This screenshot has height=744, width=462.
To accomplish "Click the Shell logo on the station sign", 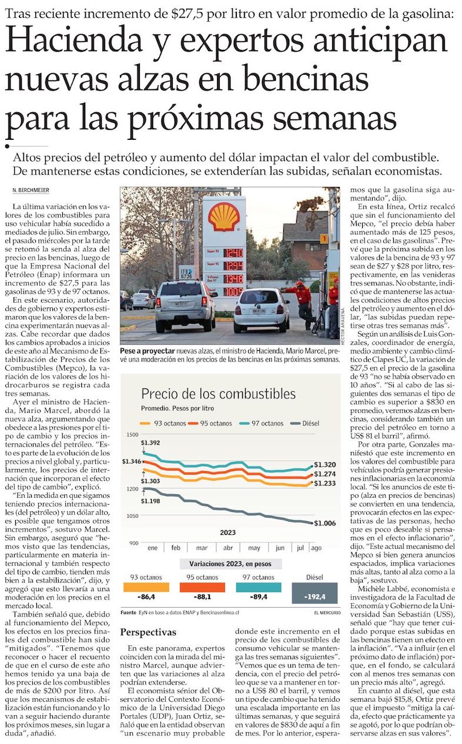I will [x=224, y=216].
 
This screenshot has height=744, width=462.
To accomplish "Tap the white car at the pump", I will [x=261, y=310].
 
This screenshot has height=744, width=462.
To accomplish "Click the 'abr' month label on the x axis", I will [x=228, y=547].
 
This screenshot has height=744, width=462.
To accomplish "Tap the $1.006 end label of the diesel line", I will [x=325, y=524].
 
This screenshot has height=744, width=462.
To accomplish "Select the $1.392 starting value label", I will [x=150, y=443].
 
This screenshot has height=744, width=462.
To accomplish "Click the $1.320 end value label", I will [x=325, y=465].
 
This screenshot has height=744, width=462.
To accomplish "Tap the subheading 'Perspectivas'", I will [x=148, y=632].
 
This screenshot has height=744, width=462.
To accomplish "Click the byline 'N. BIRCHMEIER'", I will [x=30, y=190].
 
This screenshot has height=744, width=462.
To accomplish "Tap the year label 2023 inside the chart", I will [x=228, y=532].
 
